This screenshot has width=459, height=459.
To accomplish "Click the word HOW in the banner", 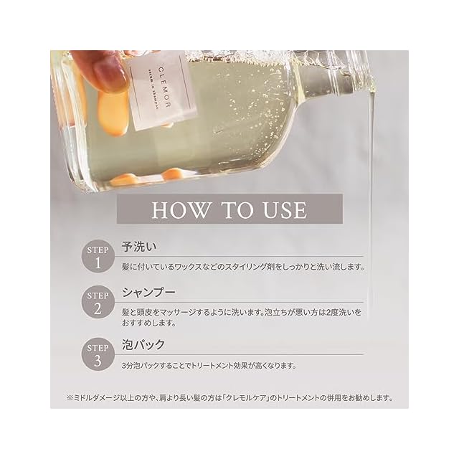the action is point(181,210).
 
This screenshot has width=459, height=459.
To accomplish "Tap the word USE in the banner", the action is point(285,210).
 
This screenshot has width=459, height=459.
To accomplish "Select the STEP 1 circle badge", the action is point(98,257).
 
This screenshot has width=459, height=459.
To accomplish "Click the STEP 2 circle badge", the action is point(98,303).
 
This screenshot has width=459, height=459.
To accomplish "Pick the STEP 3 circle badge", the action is point(98,355).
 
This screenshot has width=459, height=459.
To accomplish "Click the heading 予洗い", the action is point(139,247).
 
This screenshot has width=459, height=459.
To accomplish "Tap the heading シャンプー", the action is point(149,292).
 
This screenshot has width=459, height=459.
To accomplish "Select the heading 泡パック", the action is point(143,344).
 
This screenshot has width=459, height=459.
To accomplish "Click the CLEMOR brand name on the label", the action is point(164,87).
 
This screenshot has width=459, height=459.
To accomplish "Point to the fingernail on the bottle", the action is point(107,71).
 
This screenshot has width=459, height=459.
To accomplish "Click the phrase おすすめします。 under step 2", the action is point(149,323).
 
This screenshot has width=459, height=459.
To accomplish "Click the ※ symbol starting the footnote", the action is point(70,398).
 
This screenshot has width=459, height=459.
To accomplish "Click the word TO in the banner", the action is point(237,210).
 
